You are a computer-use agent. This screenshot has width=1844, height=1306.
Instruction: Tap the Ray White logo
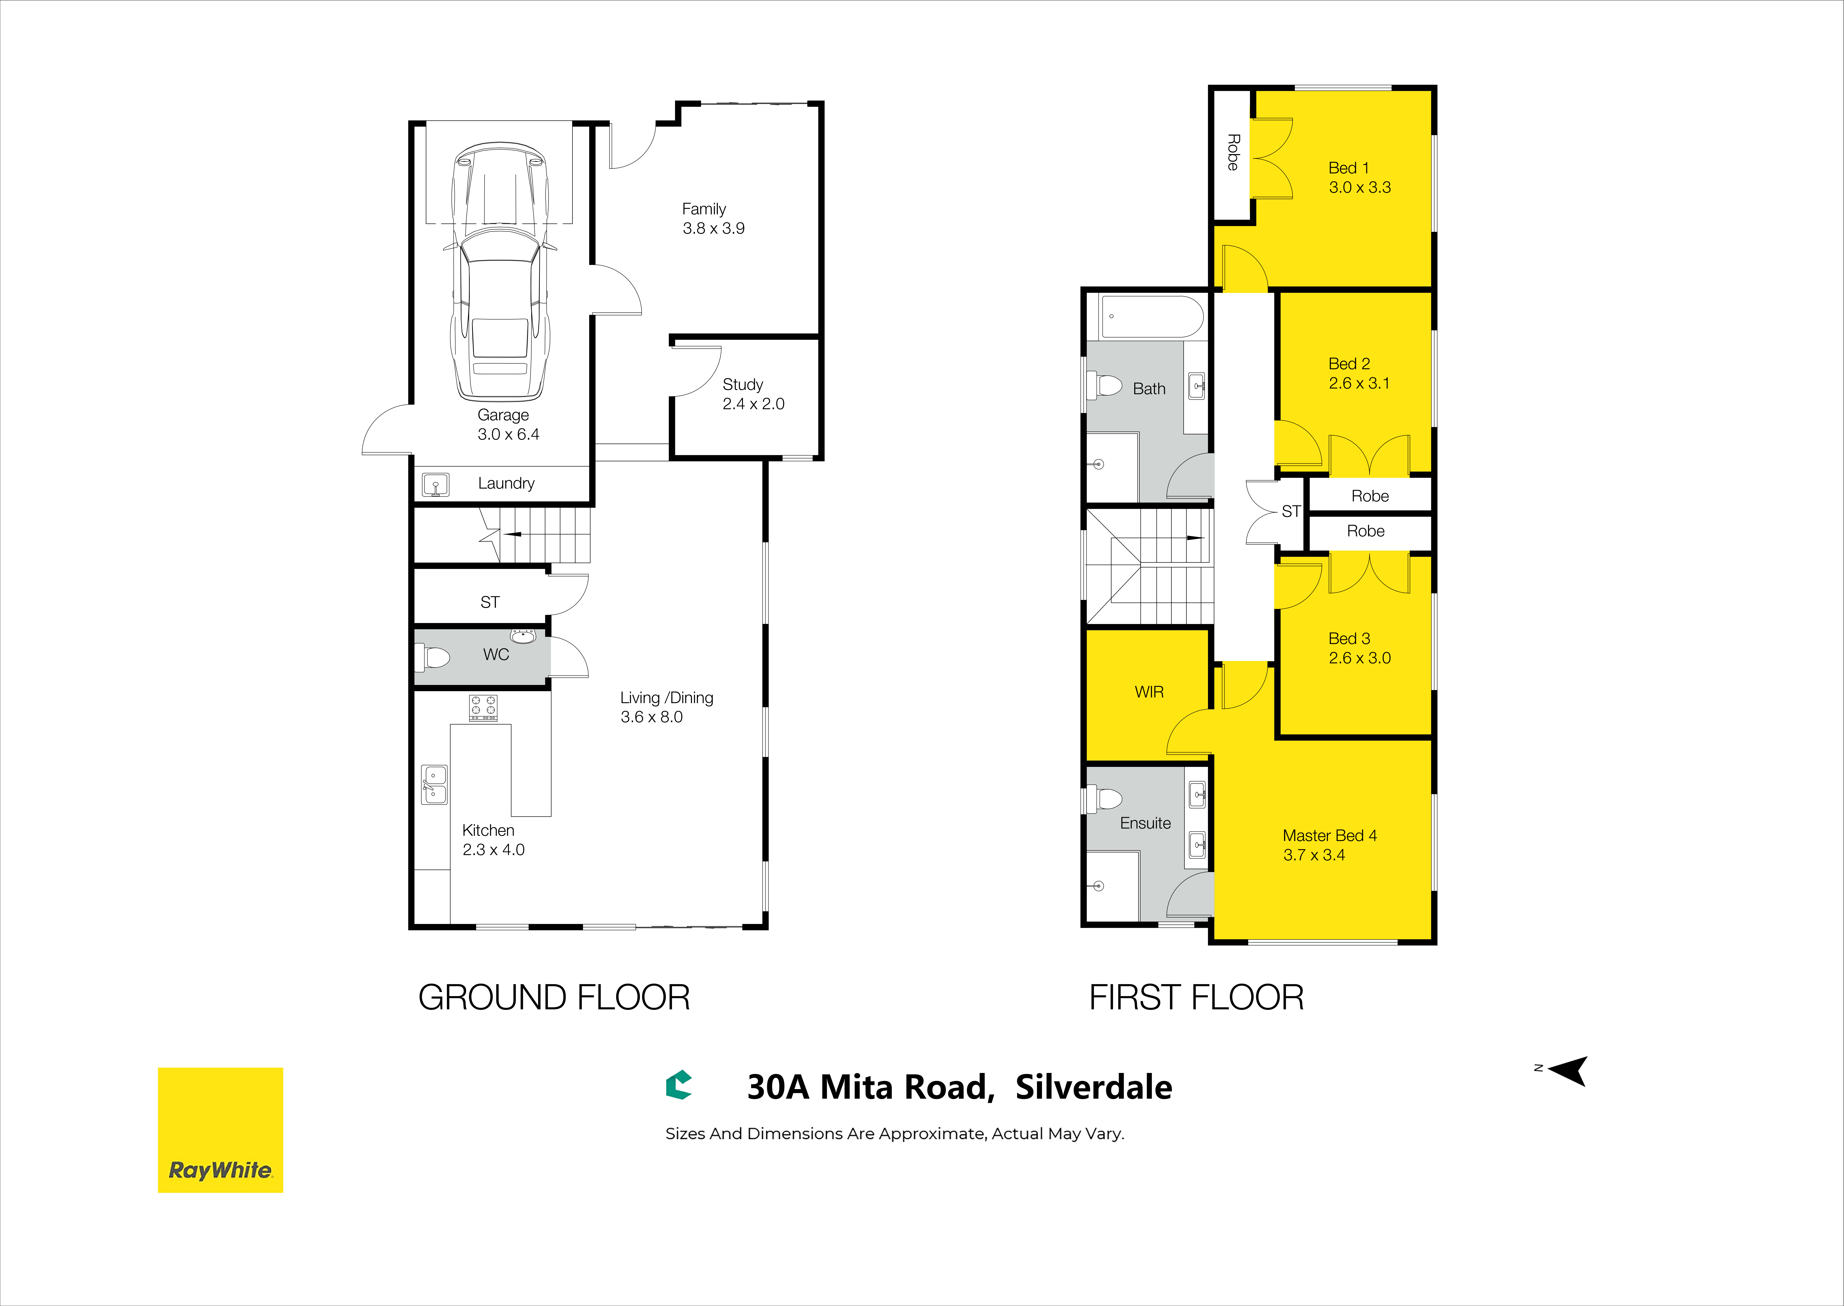point(221,1130)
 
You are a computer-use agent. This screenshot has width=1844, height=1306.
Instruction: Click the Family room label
point(704,209)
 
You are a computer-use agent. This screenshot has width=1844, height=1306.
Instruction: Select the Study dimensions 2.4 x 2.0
point(753,404)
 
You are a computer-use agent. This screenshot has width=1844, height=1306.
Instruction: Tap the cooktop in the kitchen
point(484,708)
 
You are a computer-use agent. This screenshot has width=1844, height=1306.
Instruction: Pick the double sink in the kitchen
point(434,784)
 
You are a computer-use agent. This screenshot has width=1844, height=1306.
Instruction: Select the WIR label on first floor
point(1149,692)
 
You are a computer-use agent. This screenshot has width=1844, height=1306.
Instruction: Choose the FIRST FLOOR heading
point(1196,997)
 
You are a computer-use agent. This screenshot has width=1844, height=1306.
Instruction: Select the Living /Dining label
point(666,698)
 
